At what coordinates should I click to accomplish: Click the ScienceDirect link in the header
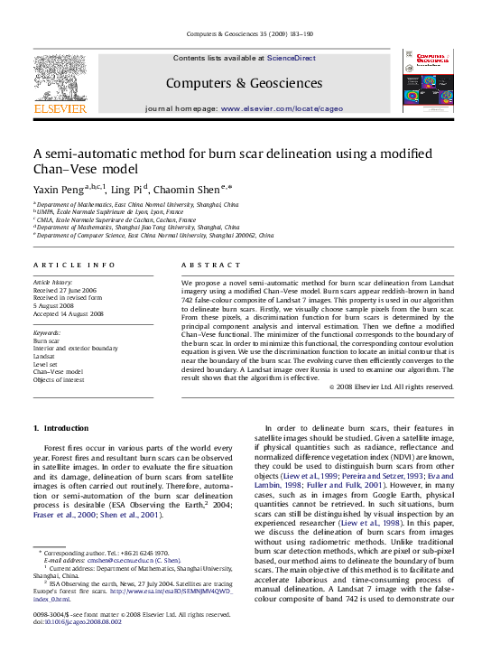pyautogui.click(x=291, y=58)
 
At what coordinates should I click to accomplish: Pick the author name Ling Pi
pyautogui.click(x=133, y=190)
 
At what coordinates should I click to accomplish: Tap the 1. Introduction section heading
pyautogui.click(x=60, y=427)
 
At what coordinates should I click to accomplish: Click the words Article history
pyautogui.click(x=53, y=283)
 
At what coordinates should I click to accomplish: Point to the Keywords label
pyautogui.click(x=47, y=332)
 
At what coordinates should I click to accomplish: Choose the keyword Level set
pyautogui.click(x=48, y=364)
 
